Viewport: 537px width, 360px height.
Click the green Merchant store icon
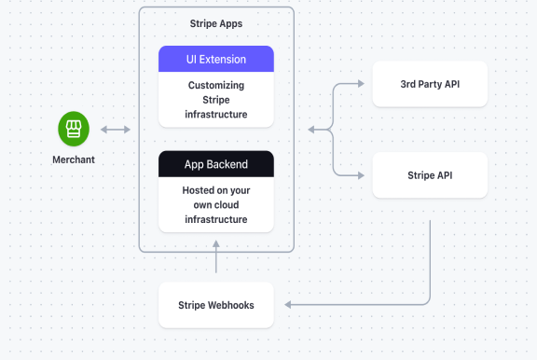(73, 129)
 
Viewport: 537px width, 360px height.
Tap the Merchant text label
(73, 159)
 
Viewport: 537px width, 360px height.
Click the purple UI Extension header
(216, 59)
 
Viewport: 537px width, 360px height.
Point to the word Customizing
(216, 85)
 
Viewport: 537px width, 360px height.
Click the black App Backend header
(216, 164)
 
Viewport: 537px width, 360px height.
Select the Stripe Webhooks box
(216, 305)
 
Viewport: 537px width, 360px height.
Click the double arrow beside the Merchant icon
(117, 130)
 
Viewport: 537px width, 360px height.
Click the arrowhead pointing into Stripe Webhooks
(288, 305)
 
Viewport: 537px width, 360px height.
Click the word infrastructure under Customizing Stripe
(216, 115)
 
